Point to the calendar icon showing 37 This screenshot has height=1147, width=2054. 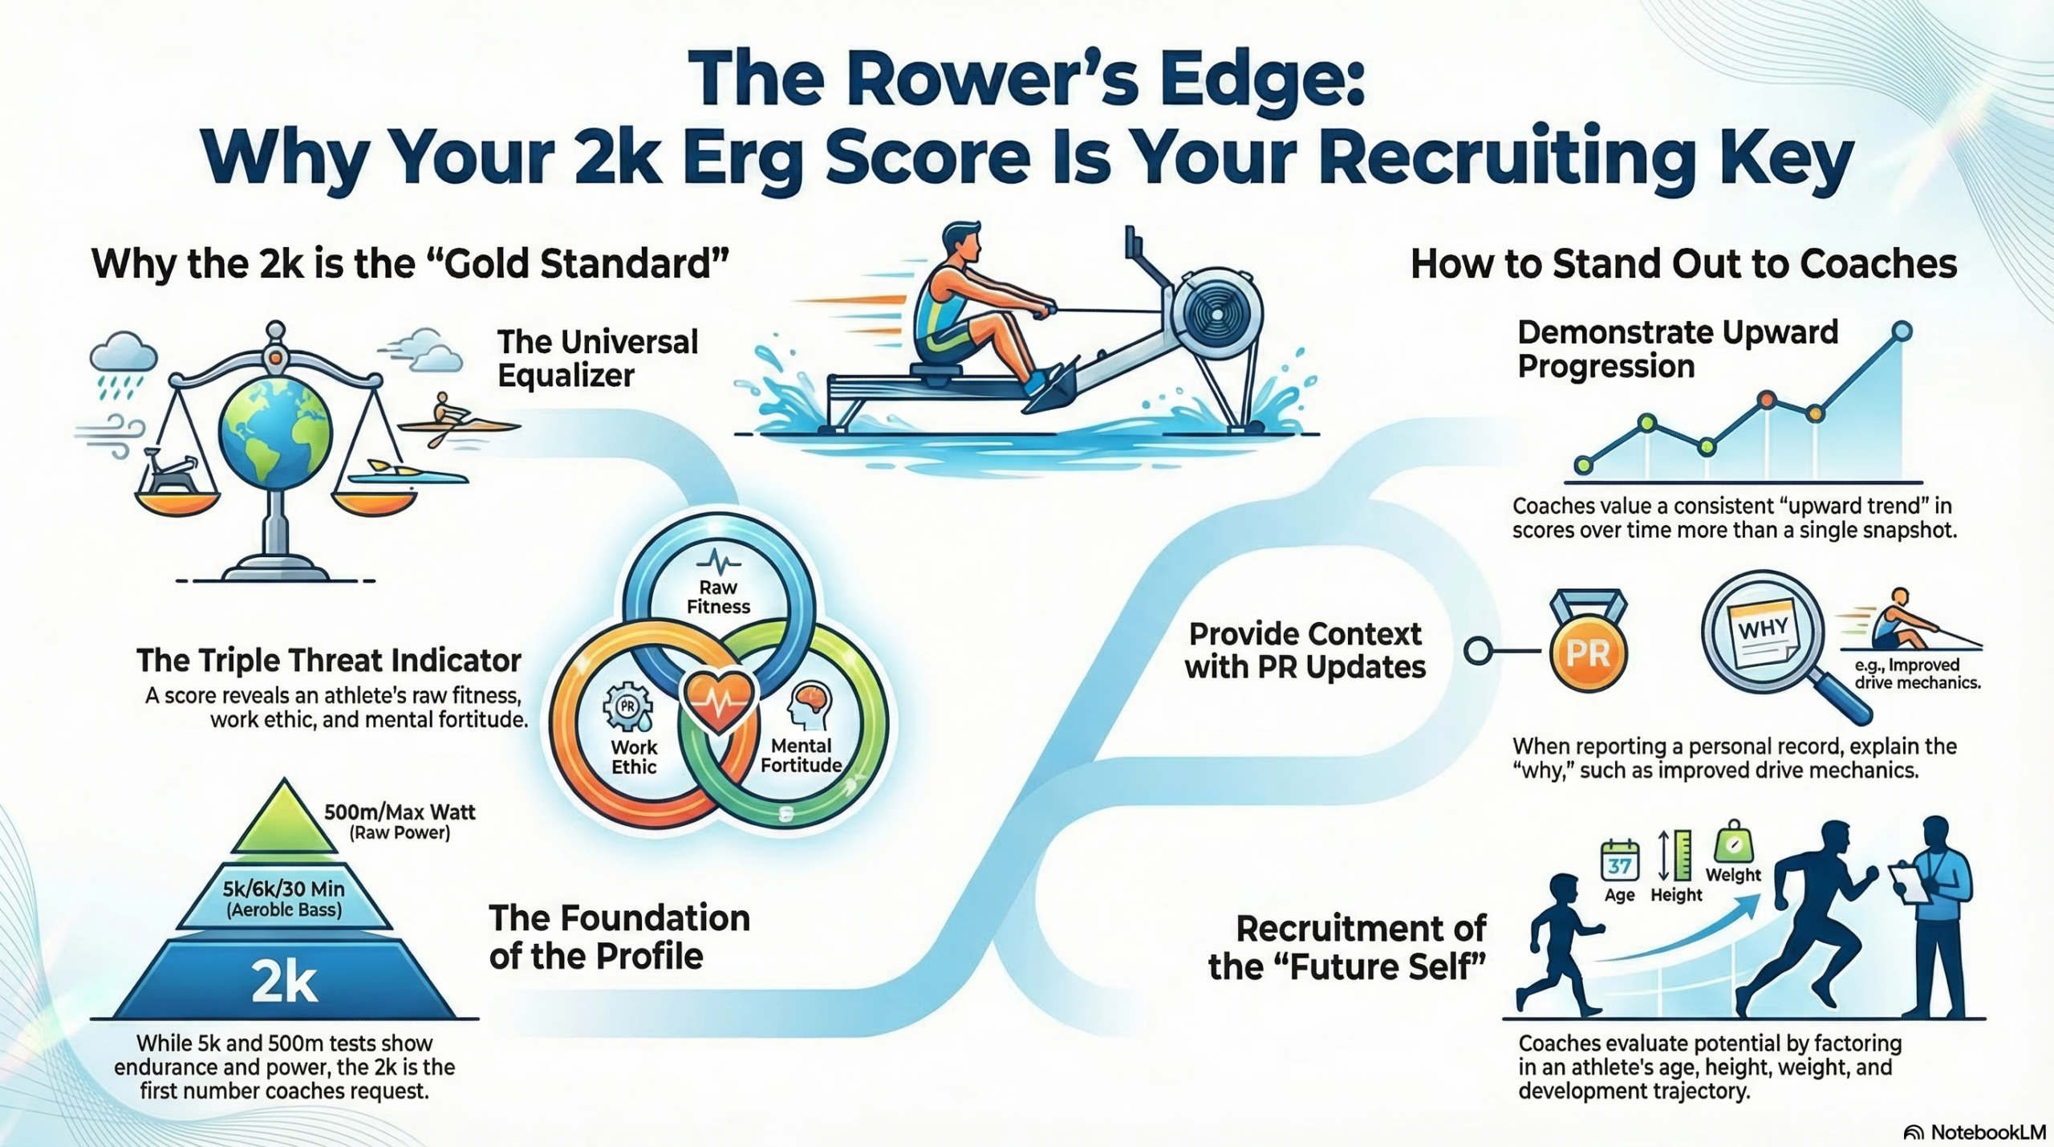1619,861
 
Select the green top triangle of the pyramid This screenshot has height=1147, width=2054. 284,823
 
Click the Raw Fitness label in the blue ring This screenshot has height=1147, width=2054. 718,597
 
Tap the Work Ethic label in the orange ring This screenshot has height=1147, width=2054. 634,756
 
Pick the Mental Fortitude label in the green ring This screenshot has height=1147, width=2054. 801,755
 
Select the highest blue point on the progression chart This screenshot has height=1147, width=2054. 1902,331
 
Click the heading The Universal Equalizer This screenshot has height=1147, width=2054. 598,358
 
